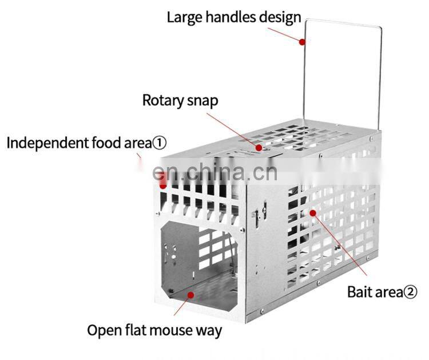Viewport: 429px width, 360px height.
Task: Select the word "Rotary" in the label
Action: point(162,101)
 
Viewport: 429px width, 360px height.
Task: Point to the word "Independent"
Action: point(47,143)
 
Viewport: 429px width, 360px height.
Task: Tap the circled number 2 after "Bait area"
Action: point(410,292)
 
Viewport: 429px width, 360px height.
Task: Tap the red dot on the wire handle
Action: point(302,41)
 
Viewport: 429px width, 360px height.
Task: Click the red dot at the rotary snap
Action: point(259,148)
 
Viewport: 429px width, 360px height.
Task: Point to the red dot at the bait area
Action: point(312,213)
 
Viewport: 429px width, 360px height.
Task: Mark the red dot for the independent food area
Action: point(163,184)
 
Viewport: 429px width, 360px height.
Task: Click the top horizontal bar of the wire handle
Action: point(343,23)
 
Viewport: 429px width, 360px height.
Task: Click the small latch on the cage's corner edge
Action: point(258,215)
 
